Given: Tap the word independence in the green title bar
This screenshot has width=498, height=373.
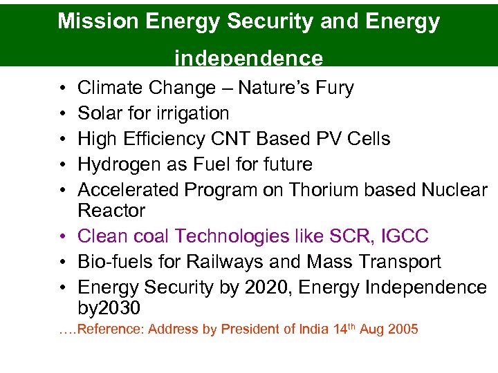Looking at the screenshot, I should coord(248,58).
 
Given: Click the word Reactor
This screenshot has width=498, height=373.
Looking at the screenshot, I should coord(111,211).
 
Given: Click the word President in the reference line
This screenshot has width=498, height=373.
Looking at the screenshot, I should coord(246,329).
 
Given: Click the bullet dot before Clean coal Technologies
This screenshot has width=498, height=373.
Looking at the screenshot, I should coord(63,237).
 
